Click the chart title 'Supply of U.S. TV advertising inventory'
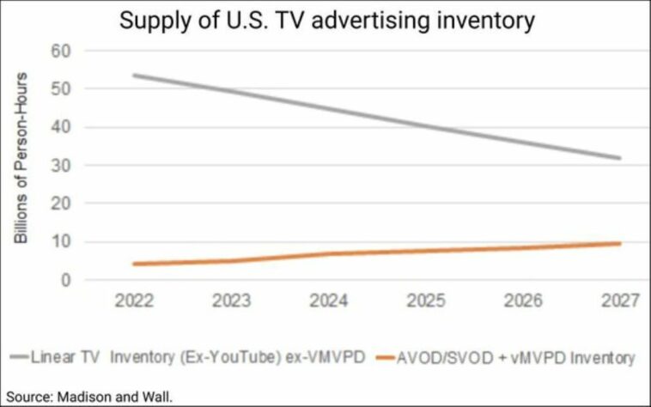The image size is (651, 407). point(326,20)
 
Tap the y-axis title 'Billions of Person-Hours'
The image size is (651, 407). point(21,157)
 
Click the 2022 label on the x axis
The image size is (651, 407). point(135,301)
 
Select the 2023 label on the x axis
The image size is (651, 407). point(232,301)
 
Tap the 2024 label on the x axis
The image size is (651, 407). point(329,301)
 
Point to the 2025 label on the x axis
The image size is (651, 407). point(426,301)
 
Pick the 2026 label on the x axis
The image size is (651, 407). point(523,301)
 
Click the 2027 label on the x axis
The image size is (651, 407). point(620,301)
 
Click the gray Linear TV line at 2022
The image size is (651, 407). point(135,76)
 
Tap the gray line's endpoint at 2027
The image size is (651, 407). point(620,158)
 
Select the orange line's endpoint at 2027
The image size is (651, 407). point(620,244)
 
